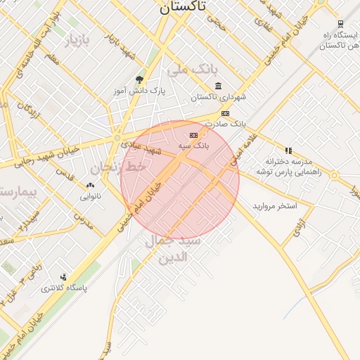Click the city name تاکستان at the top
183,7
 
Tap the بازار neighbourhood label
78,41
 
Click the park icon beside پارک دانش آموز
139,79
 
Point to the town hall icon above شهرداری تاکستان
218,86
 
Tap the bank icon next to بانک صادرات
225,113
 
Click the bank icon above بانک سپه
193,134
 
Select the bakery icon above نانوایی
90,186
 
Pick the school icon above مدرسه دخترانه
288,150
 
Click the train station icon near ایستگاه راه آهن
340,24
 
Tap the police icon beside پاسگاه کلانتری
64,277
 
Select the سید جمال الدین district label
173,249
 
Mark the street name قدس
65,173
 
